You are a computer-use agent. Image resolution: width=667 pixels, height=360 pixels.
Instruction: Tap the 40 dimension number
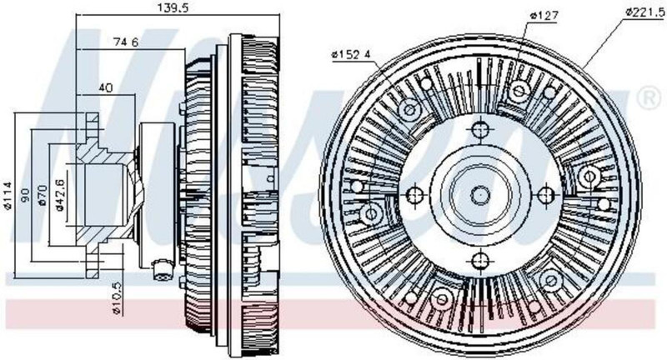point(107,87)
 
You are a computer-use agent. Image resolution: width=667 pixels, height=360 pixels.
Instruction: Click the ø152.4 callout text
point(351,55)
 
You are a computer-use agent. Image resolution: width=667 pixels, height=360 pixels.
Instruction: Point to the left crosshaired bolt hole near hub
point(414,194)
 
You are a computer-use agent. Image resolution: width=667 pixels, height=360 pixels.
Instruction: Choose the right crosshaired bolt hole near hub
point(545,194)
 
